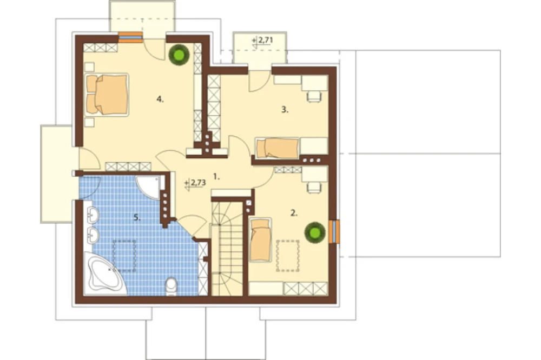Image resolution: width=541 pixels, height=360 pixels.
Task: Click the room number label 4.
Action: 160,99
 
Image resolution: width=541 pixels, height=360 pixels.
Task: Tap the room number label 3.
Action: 285,110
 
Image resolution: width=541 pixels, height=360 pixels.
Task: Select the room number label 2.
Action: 294,213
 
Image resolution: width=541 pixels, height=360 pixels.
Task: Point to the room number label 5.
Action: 137,217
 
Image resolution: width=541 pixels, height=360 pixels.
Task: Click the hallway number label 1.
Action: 216,177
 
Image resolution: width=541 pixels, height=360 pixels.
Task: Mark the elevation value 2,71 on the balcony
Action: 265,40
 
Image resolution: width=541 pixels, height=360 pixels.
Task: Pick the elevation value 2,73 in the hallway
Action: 199,182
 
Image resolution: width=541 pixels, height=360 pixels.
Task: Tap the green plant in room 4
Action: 179,55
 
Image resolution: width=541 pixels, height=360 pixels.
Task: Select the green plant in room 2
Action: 315,232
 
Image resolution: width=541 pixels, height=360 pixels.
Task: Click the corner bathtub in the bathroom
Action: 104,274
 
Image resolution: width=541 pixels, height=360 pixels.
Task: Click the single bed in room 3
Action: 278,148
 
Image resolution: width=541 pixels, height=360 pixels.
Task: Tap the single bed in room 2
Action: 260,239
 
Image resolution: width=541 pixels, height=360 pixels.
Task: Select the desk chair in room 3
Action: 314,96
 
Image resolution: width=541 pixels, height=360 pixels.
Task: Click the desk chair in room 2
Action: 314,187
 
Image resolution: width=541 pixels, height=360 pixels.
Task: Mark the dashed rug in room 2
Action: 287,256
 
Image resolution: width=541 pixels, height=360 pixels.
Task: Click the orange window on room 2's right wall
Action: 334,231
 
